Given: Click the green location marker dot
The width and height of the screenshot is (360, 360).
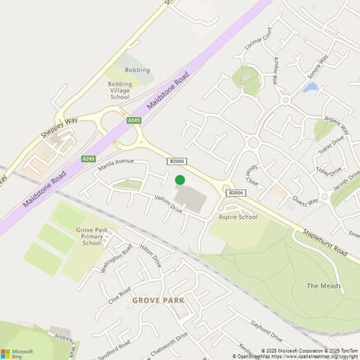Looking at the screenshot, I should pos(180,180).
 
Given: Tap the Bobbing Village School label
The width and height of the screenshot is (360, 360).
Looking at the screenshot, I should pos(119,90).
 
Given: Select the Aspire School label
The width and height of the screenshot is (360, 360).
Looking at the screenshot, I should pos(238,217).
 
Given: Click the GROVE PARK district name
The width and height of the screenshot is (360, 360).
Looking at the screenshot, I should pos(158,301).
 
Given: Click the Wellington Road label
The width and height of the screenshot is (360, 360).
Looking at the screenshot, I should pos(116,261).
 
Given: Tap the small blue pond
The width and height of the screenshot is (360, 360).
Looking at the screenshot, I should pos(310,87).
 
